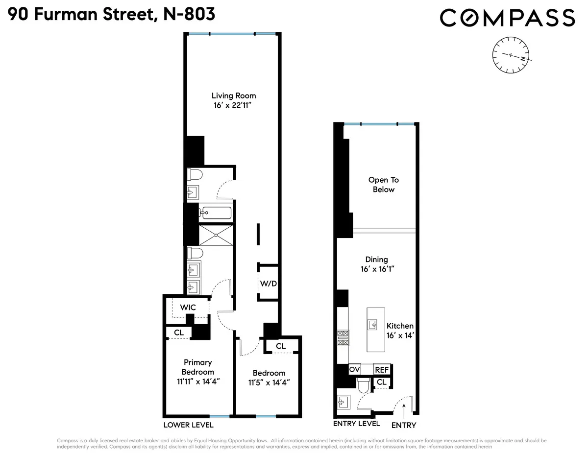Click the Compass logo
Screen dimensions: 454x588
pos(507,18)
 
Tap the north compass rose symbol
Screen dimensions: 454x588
pos(511,55)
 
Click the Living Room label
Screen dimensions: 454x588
pos(233,96)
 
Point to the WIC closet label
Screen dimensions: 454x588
pos(188,308)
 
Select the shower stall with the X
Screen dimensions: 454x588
pos(216,235)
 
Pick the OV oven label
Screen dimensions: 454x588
pos(355,369)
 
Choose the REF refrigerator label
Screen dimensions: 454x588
pos(381,369)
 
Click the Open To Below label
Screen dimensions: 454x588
pos(383,185)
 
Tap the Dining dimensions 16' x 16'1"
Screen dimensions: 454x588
pos(376,269)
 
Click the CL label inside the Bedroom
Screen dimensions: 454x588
pos(280,346)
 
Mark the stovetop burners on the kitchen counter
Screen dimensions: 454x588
pos(342,338)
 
